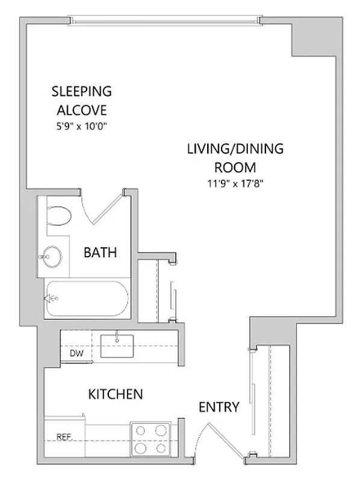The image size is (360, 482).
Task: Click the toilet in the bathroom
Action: [x=59, y=215]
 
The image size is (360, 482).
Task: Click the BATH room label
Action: [x=99, y=253]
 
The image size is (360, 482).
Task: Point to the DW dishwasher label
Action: [x=76, y=353]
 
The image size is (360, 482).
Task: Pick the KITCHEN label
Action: [x=116, y=395]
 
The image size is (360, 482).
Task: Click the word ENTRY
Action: [x=219, y=407]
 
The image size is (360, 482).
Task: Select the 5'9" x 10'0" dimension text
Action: [x=81, y=127]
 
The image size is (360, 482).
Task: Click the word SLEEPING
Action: [x=81, y=92]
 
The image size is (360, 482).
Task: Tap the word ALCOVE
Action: [x=81, y=110]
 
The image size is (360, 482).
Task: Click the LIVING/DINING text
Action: [x=235, y=148]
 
